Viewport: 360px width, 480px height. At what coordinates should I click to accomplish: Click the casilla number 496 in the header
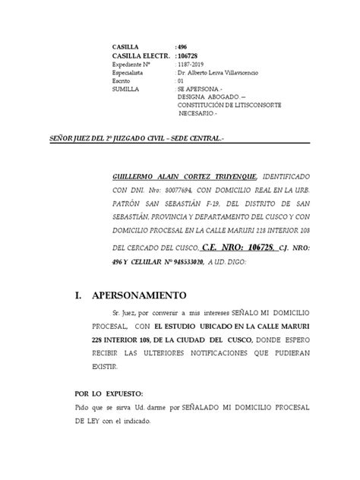tap(184, 47)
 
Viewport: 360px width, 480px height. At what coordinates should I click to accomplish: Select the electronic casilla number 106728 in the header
tap(188, 55)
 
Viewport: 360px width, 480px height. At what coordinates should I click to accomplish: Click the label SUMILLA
tap(125, 89)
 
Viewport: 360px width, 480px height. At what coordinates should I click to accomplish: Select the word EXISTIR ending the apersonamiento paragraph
tap(125, 365)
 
